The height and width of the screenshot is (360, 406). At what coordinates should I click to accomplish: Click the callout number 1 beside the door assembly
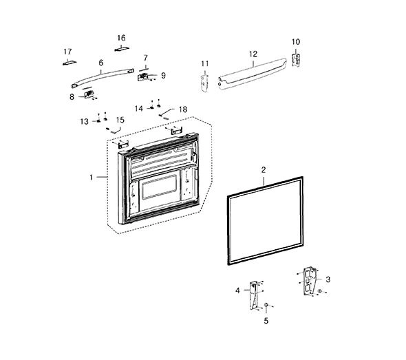click(x=91, y=178)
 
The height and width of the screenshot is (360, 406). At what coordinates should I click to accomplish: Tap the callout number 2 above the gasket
click(x=264, y=170)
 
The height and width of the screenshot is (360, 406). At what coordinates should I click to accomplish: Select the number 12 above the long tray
click(x=253, y=54)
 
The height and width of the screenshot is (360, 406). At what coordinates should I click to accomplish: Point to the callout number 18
click(x=183, y=109)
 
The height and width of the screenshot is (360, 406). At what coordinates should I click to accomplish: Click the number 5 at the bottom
click(x=266, y=321)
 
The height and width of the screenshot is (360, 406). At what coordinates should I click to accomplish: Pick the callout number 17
click(x=67, y=52)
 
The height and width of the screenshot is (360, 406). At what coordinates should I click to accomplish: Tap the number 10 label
click(x=296, y=42)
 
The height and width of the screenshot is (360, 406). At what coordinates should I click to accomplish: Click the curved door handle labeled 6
click(x=103, y=77)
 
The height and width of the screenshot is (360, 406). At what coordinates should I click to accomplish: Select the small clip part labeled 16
click(x=122, y=49)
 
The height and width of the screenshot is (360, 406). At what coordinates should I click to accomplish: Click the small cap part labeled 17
click(x=70, y=63)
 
